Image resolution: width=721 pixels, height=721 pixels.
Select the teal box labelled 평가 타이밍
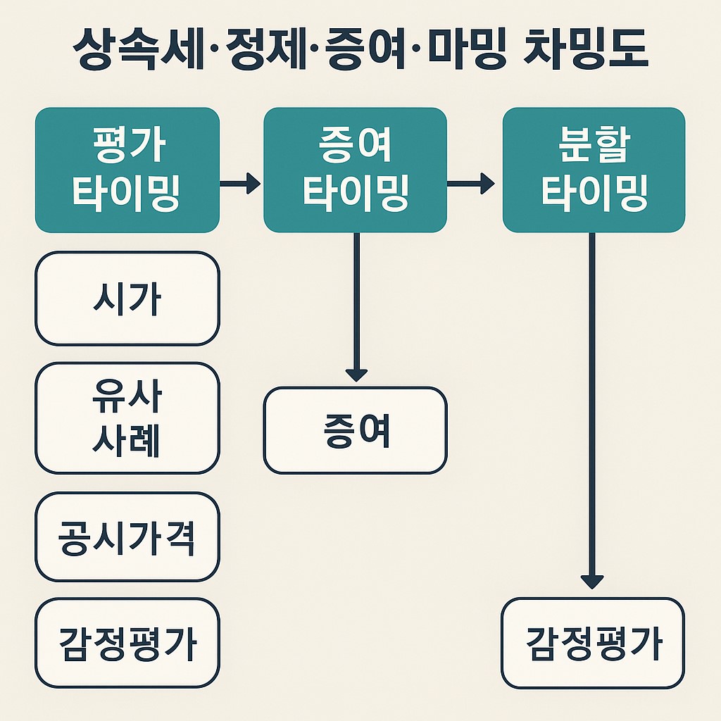coord(127,170)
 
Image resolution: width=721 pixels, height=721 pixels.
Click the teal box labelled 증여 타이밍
coord(355,170)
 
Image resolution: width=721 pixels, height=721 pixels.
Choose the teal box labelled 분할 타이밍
coord(594,170)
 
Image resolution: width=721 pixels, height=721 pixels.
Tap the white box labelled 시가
coord(127,299)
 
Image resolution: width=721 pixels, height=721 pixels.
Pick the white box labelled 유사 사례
coord(127,418)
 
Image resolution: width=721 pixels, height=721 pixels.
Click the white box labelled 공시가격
coord(127,537)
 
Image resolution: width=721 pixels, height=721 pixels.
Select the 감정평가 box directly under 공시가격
coord(127,642)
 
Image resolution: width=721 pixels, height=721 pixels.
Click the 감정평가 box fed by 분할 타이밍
coord(593,642)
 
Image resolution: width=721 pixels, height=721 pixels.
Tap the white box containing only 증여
coord(355,430)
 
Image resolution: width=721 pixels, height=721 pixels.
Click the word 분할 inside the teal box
coord(594,146)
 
